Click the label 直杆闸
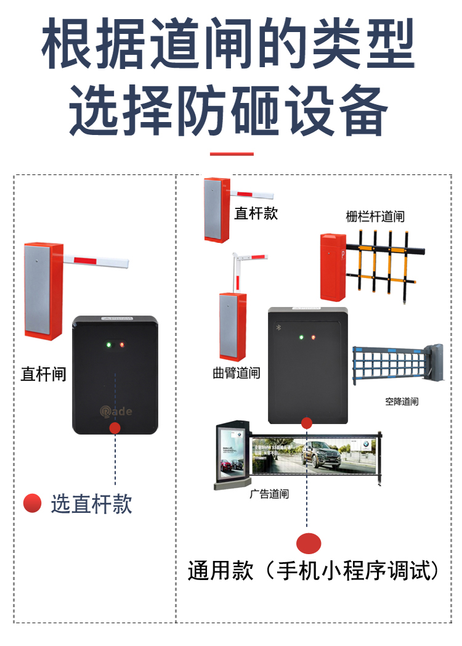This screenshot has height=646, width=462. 43,374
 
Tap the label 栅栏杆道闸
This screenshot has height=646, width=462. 375,217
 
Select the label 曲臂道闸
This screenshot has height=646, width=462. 236,373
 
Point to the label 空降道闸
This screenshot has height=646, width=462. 402,401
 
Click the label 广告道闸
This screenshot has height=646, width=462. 269,494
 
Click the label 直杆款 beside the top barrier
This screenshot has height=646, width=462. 256,213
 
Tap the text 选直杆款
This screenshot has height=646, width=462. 91,504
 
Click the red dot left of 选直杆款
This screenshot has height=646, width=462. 32,504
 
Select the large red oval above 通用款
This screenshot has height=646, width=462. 309,543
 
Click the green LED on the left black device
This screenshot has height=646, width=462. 108,344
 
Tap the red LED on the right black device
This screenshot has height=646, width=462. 314,337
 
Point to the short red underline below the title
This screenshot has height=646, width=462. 231,153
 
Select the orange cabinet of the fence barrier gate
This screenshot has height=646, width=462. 332,266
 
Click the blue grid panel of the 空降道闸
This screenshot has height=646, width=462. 388,364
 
